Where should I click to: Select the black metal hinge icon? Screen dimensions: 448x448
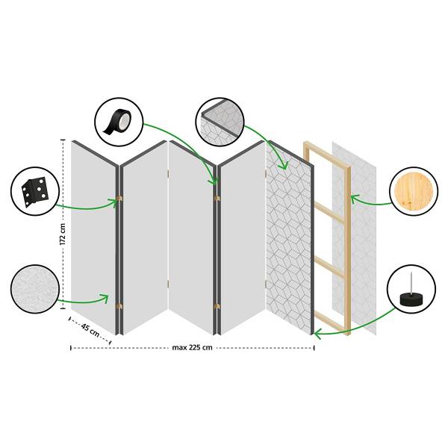[35, 191]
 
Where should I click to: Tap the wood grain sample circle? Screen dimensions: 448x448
[414, 191]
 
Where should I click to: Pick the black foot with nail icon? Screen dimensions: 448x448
[411, 293]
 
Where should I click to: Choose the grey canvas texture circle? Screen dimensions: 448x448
[35, 289]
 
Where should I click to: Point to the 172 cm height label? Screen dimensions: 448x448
[63, 234]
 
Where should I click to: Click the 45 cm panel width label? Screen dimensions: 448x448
[90, 330]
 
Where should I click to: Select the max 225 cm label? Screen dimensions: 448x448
[192, 347]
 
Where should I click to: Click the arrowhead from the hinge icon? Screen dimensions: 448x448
[114, 202]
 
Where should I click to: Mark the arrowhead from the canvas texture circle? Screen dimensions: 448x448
[105, 298]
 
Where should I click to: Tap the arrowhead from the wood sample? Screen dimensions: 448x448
[354, 199]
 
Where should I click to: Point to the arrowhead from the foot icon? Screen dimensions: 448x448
[317, 333]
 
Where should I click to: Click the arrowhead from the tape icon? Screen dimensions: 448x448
[214, 181]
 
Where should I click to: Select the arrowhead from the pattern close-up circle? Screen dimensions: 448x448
[284, 165]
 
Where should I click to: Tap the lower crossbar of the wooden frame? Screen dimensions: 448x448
[329, 267]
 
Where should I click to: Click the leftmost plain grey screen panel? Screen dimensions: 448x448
[93, 237]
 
